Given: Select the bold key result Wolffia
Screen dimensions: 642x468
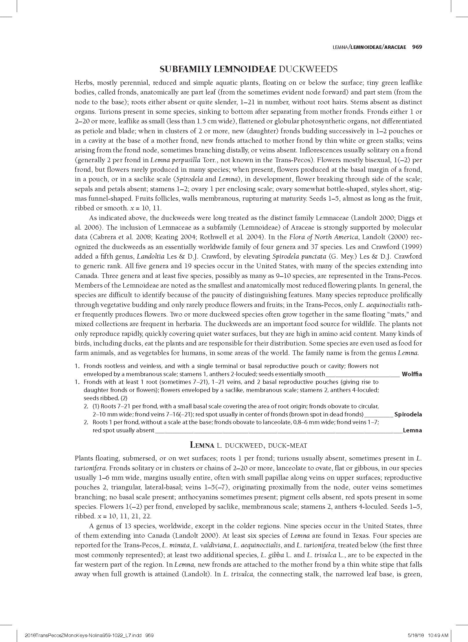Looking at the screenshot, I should click(412, 374).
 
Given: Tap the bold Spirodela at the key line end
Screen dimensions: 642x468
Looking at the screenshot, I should click(408, 414).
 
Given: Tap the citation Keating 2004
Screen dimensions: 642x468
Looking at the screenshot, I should click(175, 237).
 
